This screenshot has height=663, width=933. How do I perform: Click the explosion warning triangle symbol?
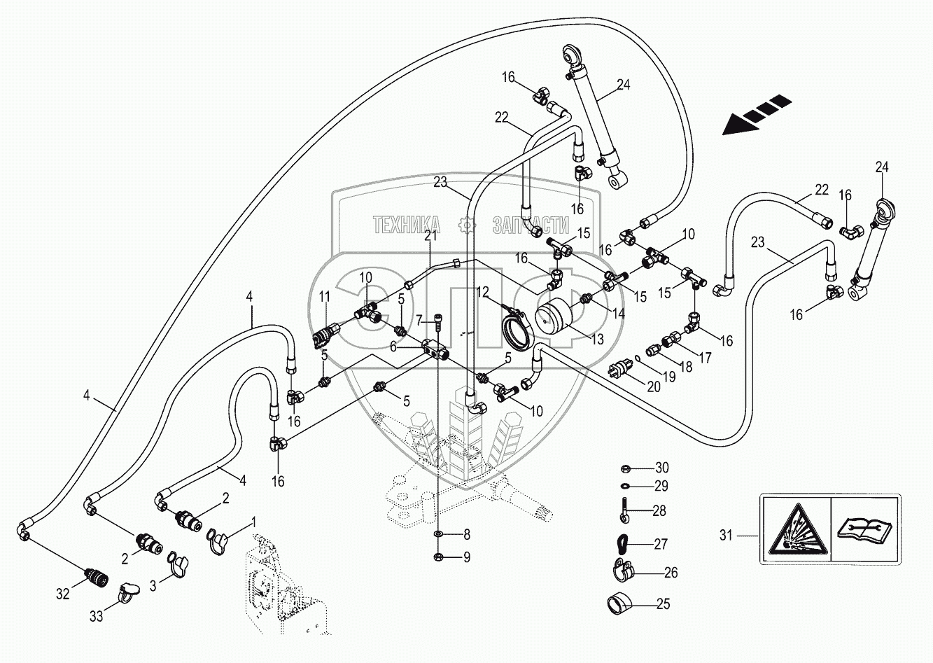click(x=797, y=529)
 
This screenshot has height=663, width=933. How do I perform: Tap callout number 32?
click(x=63, y=594)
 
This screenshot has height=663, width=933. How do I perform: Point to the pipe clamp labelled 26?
click(x=619, y=571)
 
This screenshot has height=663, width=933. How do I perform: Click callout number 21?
click(x=430, y=236)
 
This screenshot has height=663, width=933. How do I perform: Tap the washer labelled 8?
click(x=439, y=536)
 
